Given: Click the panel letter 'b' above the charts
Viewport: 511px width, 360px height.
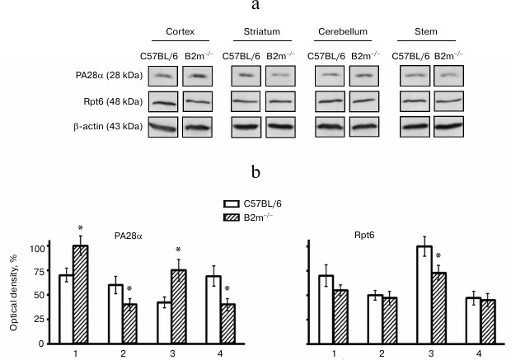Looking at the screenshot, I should [256, 175].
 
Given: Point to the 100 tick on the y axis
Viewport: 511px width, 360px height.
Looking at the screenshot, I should [35, 247].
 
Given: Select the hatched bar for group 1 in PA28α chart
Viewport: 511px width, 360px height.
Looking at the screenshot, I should [81, 294].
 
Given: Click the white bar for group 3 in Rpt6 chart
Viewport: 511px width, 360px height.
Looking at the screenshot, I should [424, 294].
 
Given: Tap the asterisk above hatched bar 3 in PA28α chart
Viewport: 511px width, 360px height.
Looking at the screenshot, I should [178, 250].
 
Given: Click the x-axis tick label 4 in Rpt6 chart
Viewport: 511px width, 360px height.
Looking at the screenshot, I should [480, 353].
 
